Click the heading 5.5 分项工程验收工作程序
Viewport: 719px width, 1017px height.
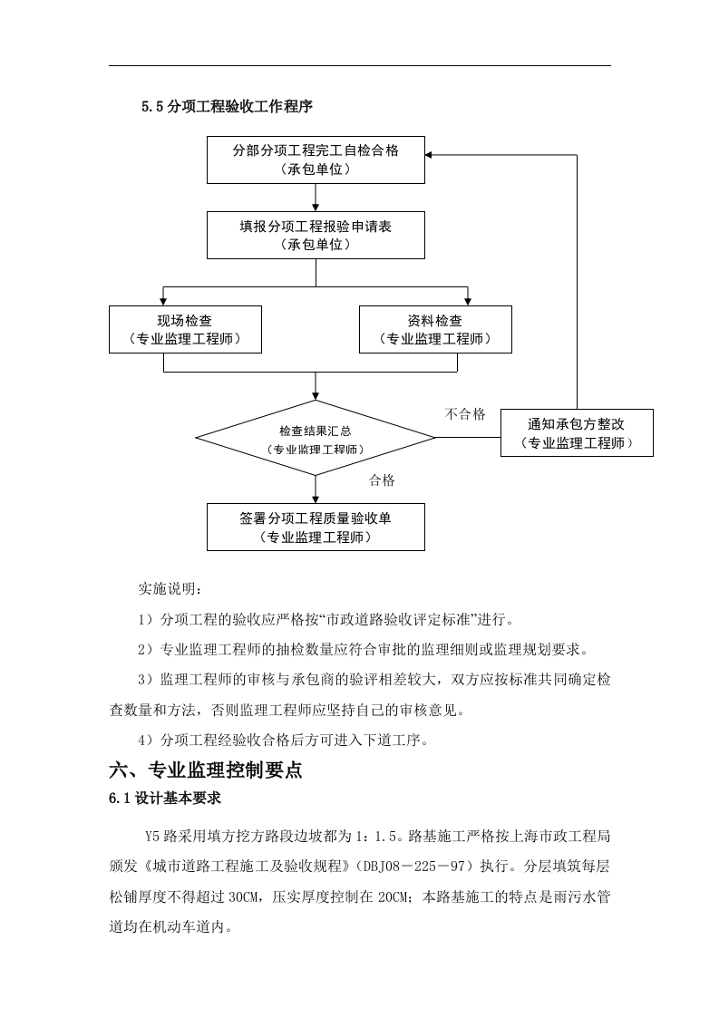click(227, 106)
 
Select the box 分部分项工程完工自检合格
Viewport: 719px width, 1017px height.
click(315, 160)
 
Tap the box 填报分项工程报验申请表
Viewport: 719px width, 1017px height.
click(315, 236)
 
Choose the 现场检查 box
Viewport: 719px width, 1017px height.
click(185, 329)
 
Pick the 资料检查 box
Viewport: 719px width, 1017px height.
click(434, 329)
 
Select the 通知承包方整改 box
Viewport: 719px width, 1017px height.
click(577, 432)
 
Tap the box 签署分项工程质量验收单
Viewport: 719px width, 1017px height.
click(315, 527)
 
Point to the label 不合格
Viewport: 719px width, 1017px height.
click(465, 414)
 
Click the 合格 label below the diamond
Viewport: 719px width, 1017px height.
click(382, 480)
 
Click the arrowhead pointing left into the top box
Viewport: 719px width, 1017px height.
click(430, 154)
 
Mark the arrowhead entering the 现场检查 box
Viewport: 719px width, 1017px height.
click(163, 301)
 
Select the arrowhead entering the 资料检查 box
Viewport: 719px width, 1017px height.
click(467, 301)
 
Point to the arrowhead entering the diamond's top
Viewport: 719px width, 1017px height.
click(315, 395)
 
